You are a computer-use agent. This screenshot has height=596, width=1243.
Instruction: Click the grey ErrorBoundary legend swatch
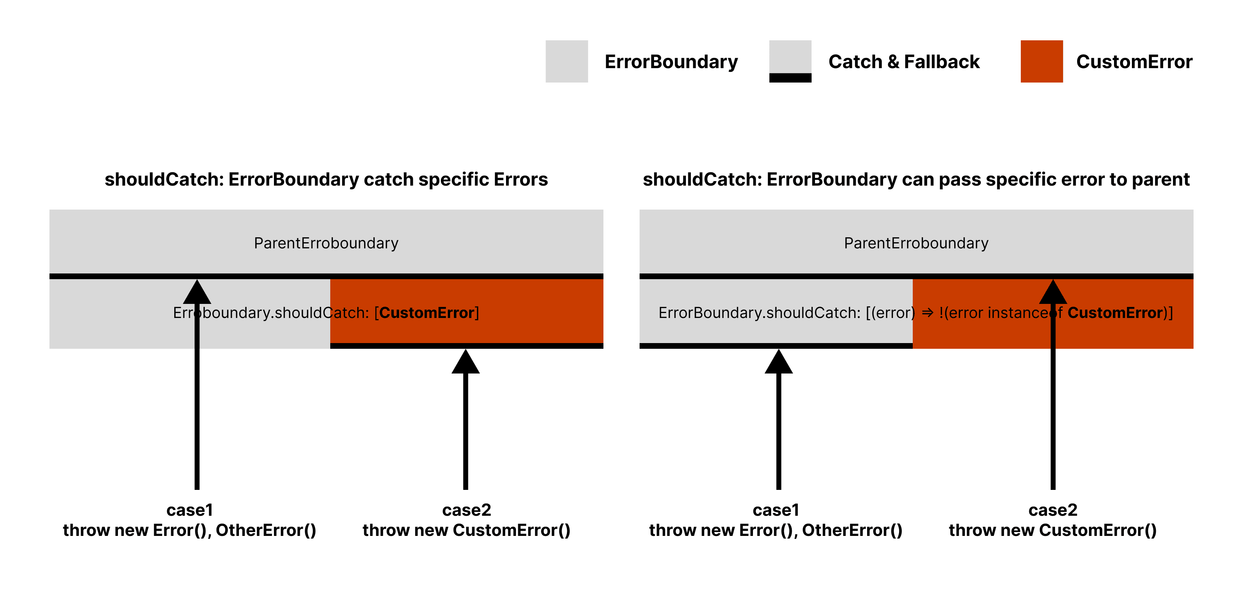tap(567, 61)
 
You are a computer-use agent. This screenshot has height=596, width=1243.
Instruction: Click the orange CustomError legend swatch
tap(1041, 61)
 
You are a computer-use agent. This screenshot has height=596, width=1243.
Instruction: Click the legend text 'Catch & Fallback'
tap(903, 62)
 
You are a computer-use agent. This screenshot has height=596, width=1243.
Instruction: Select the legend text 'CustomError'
tap(1134, 62)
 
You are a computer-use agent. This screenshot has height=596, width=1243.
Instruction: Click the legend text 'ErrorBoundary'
tap(671, 62)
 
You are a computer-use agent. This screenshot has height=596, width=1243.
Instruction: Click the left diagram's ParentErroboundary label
tap(326, 243)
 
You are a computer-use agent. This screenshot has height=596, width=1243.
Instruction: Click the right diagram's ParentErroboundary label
tap(916, 243)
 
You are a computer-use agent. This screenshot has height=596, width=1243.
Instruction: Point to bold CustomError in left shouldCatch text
tap(427, 313)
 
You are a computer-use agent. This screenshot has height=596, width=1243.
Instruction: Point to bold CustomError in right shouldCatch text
tap(1115, 313)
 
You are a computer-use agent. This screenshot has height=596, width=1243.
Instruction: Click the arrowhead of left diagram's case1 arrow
tap(197, 293)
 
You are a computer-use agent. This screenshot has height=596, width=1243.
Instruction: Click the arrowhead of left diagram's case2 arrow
tap(465, 362)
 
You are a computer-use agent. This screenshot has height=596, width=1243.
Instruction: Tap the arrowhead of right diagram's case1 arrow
tap(778, 362)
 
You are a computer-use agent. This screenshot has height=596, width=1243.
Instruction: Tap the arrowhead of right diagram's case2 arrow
tap(1052, 293)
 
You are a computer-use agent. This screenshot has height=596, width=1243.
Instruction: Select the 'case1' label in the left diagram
tap(189, 510)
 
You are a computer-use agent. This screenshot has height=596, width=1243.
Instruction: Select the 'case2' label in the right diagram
tap(1052, 510)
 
